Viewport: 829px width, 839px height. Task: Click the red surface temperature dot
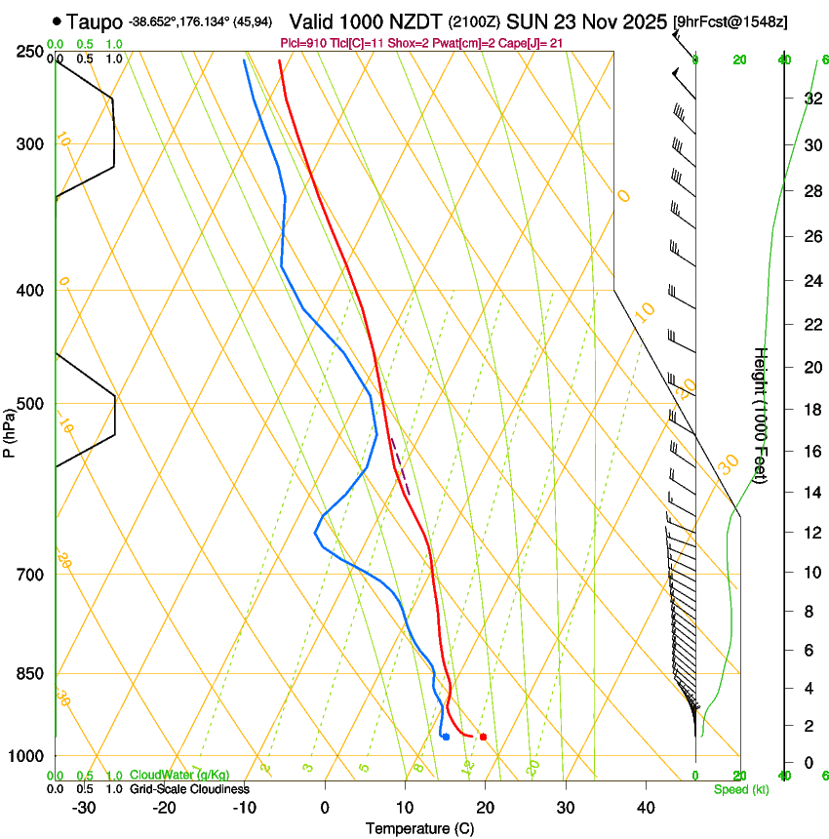point(484,737)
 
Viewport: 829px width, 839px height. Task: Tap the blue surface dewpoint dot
point(446,737)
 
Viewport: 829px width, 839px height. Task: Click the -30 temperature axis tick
point(84,808)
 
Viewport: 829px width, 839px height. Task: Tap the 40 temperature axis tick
point(646,808)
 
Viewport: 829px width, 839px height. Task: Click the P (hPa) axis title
point(9,430)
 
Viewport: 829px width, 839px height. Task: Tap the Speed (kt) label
point(740,789)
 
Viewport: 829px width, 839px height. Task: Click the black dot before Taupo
point(58,20)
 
